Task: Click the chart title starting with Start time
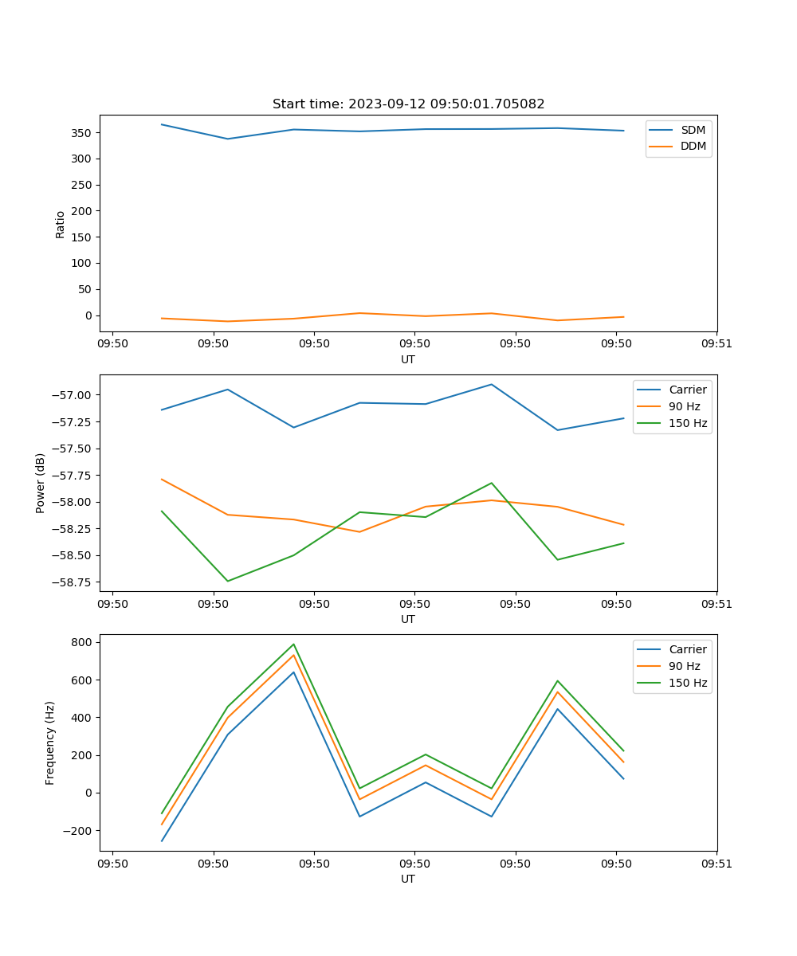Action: pos(408,104)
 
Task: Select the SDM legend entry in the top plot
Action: pos(693,130)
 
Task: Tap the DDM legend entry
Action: pos(693,146)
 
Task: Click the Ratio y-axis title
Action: pos(61,224)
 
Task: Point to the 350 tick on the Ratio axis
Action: pos(82,132)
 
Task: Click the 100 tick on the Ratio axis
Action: pos(82,263)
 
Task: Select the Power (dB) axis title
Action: pos(41,483)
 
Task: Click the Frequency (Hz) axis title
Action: pos(50,742)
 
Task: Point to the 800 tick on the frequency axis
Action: pos(82,642)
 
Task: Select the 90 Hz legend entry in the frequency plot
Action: pos(684,666)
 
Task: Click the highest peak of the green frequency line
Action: pos(293,644)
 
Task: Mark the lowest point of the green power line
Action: pos(228,581)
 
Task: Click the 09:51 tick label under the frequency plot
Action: pos(717,863)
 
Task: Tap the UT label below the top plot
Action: pos(408,359)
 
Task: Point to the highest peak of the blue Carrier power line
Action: pos(491,384)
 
